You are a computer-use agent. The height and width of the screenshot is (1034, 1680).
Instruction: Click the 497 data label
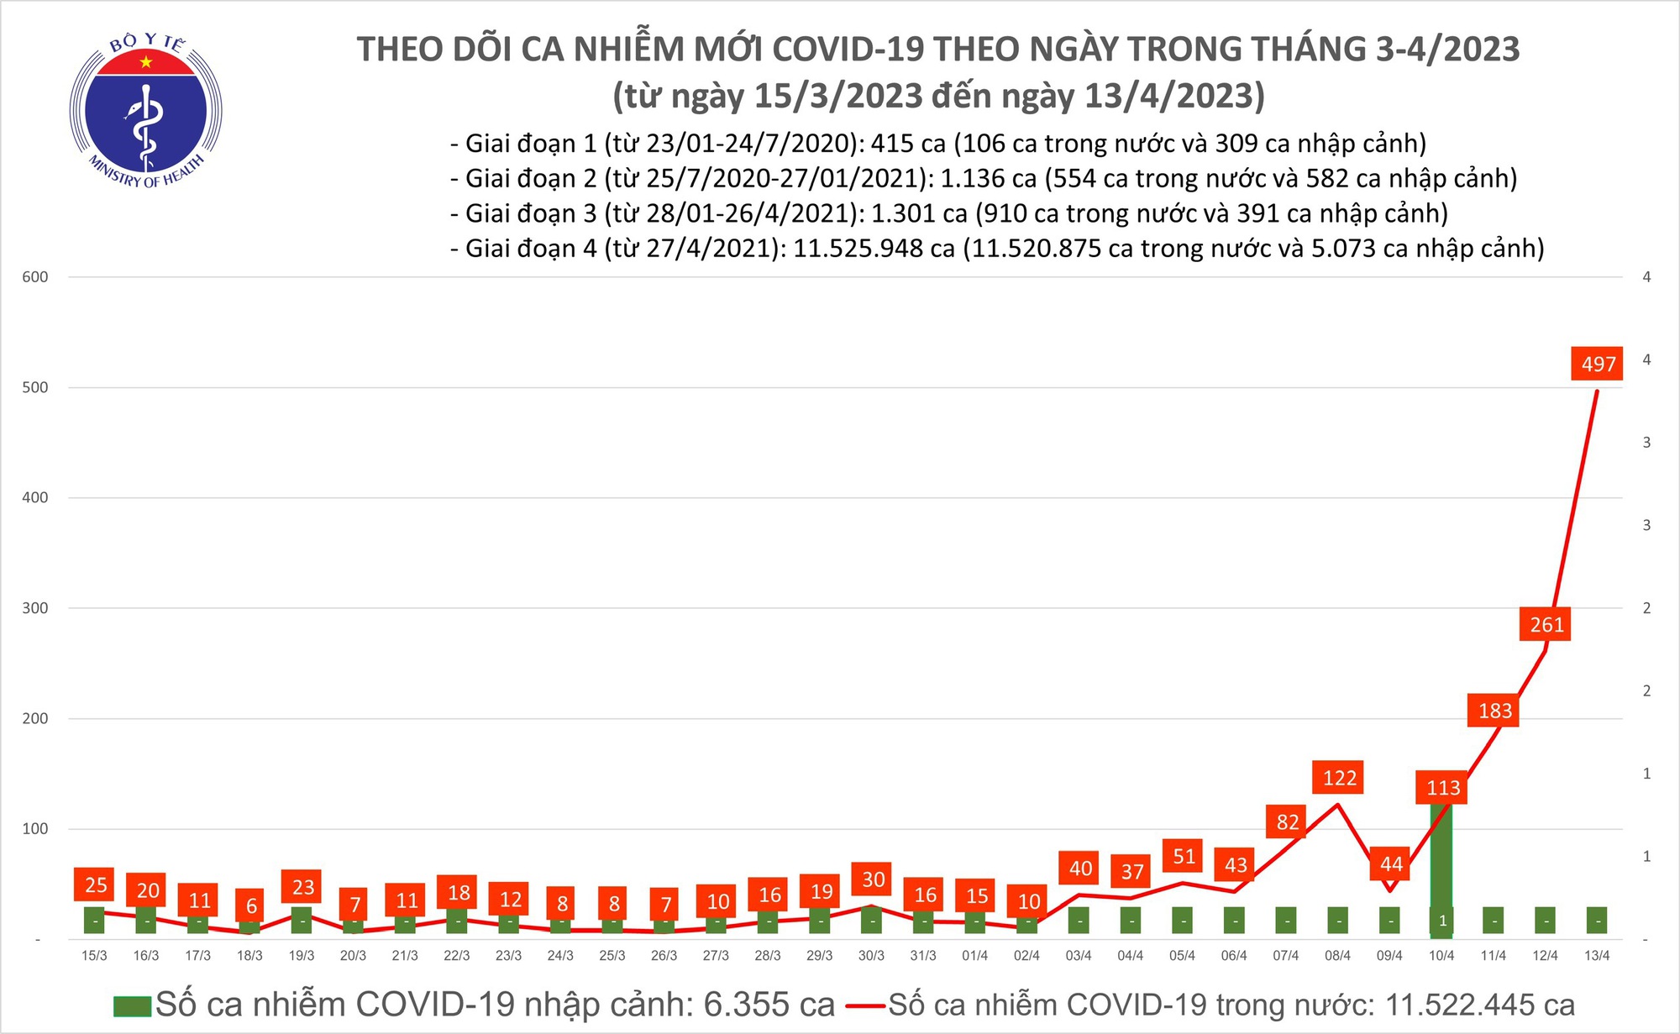click(1597, 364)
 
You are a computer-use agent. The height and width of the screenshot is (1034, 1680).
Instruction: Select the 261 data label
click(1546, 624)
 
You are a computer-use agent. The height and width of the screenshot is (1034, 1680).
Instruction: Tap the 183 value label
click(1494, 711)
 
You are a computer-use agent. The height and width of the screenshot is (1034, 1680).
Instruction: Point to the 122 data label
click(1339, 778)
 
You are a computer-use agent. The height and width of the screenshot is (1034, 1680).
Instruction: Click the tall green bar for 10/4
click(1441, 865)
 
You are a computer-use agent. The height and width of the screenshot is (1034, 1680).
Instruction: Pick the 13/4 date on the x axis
click(1596, 956)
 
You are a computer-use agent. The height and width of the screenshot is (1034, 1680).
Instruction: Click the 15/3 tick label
click(94, 956)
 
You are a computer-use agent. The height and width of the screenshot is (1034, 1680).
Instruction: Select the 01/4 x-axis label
click(974, 956)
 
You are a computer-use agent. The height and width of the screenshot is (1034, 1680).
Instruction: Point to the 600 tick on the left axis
click(35, 277)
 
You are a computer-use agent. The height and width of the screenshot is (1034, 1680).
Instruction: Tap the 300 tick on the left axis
click(35, 608)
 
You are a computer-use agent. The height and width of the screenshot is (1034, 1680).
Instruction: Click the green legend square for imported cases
click(133, 1005)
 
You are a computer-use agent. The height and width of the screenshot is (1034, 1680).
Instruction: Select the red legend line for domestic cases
click(865, 1005)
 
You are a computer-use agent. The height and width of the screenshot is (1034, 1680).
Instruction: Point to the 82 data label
click(1287, 822)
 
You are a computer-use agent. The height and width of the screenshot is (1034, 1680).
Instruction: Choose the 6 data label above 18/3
click(251, 905)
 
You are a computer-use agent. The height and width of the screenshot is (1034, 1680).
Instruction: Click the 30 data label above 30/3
click(873, 879)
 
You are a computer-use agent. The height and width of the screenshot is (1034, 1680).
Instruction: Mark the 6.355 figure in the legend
click(746, 1005)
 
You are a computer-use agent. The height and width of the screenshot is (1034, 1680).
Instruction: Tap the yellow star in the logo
click(146, 62)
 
